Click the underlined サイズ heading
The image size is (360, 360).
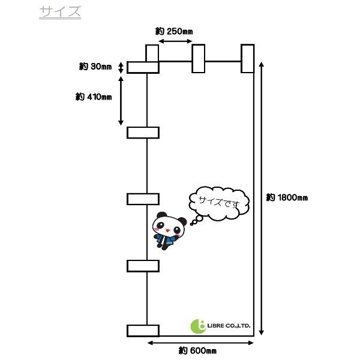pos(60,12)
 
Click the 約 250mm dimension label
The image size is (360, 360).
pos(174,31)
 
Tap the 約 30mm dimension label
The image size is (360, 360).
pos(95,67)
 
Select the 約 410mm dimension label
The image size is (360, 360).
pos(94,97)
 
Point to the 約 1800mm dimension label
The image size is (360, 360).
pos(287,197)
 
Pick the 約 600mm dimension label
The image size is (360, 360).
pos(197,351)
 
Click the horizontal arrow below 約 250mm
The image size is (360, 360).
pos(176,41)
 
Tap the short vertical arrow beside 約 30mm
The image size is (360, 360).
pos(121,68)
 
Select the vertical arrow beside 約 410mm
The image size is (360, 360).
pos(121,101)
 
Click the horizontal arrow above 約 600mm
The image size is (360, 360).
pos(200,343)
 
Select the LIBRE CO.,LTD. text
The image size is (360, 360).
pos(229,326)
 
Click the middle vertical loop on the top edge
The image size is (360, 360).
pos(199,59)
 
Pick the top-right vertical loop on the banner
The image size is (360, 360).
pos(247,59)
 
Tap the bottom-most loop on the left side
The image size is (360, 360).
pos(143,331)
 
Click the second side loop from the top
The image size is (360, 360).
pos(143,133)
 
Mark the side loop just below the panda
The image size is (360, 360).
pos(143,266)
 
